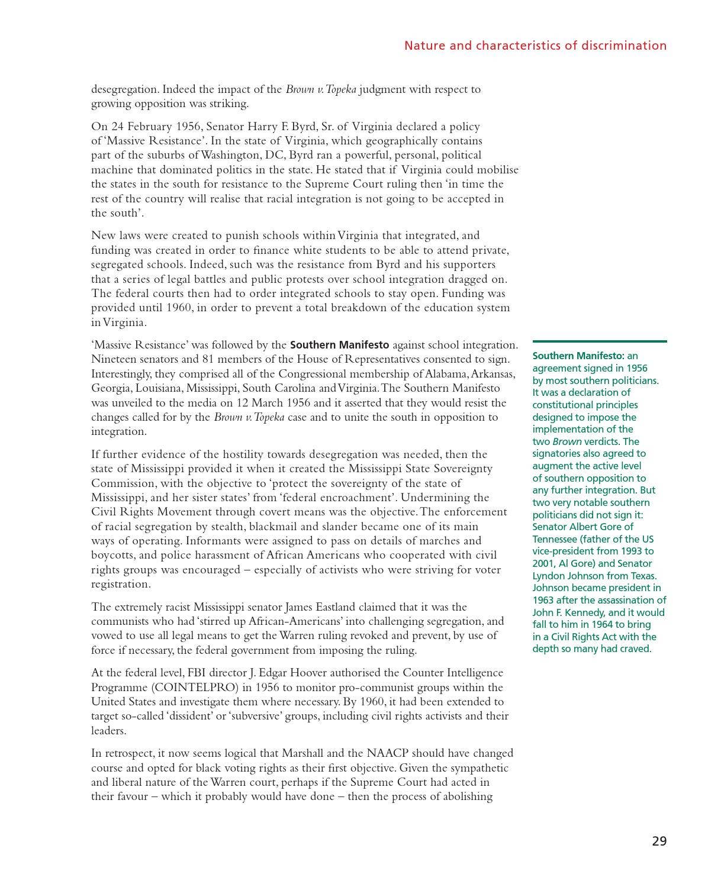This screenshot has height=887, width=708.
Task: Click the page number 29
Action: click(x=659, y=841)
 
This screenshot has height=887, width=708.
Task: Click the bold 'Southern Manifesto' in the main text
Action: click(x=339, y=345)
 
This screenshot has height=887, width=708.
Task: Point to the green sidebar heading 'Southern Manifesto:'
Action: click(x=578, y=356)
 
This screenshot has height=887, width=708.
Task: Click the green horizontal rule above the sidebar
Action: click(x=599, y=341)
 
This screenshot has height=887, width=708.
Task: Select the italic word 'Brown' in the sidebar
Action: click(x=567, y=441)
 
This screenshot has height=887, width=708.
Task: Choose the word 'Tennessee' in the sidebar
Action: click(x=555, y=539)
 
